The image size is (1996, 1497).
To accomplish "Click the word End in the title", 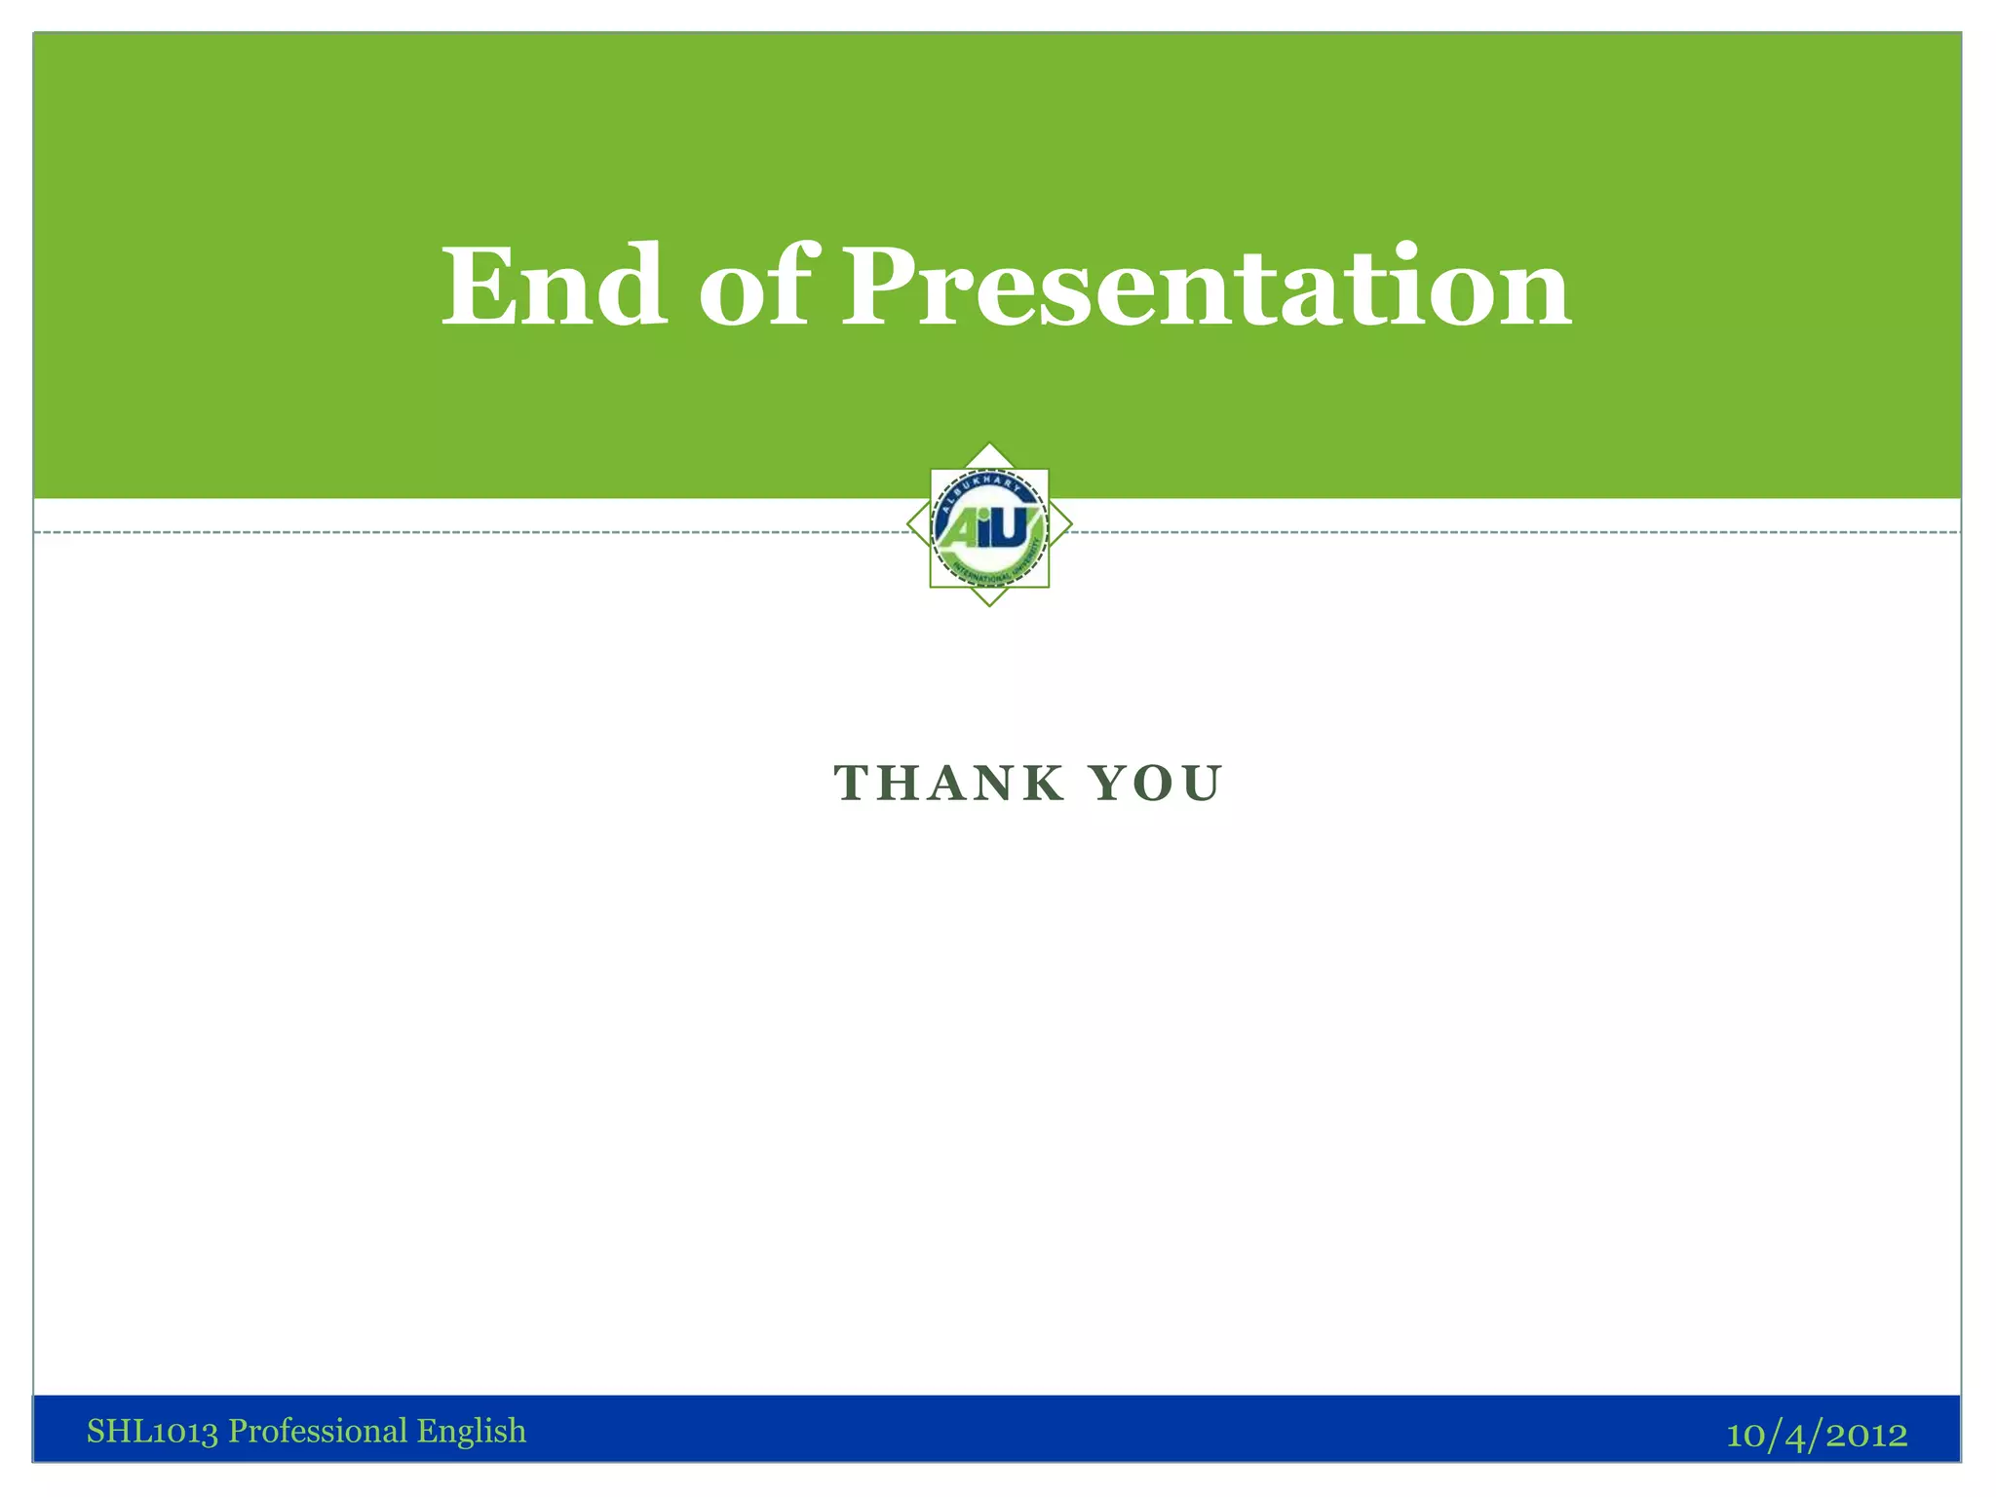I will pos(554,288).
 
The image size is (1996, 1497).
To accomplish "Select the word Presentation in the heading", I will pos(1207,288).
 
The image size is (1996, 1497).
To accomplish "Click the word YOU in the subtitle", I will pos(1156,784).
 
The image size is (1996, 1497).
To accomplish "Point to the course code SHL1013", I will pos(152,1431).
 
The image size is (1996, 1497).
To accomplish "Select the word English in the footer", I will pos(472,1431).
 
